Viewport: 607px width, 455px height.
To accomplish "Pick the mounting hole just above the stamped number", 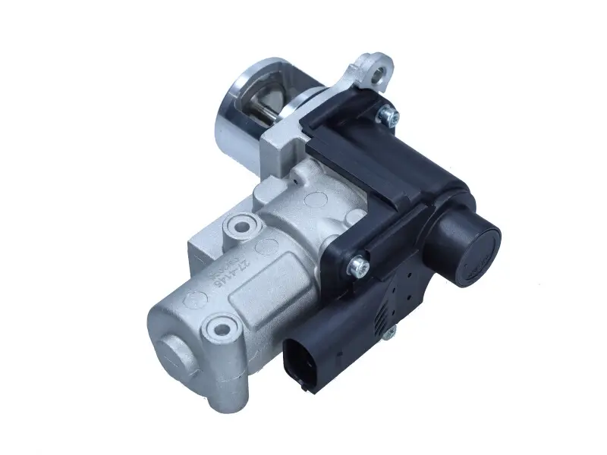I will point(242,226).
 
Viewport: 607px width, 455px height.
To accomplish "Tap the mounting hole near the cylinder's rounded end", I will point(222,329).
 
